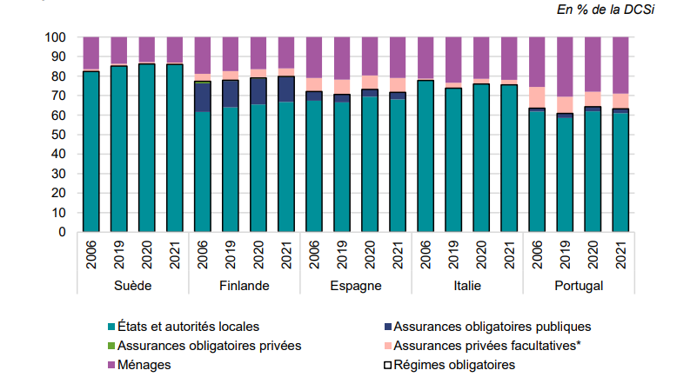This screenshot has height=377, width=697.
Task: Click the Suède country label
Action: tap(133, 286)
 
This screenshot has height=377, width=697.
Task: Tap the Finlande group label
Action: tap(244, 286)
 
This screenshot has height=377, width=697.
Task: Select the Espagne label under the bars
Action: tap(355, 286)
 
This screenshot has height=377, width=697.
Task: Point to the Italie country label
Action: tap(466, 286)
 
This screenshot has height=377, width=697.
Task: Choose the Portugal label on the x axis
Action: tap(578, 286)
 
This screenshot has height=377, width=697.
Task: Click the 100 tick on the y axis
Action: tap(56, 38)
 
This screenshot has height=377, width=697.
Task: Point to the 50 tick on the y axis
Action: tap(59, 136)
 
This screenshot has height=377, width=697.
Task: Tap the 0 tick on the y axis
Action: tap(63, 233)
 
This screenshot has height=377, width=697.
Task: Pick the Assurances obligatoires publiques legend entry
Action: tap(492, 327)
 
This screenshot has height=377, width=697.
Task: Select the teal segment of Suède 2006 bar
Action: tap(90, 152)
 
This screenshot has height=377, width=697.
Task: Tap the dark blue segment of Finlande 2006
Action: tap(202, 97)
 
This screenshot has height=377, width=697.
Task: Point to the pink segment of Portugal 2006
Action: tap(536, 97)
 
